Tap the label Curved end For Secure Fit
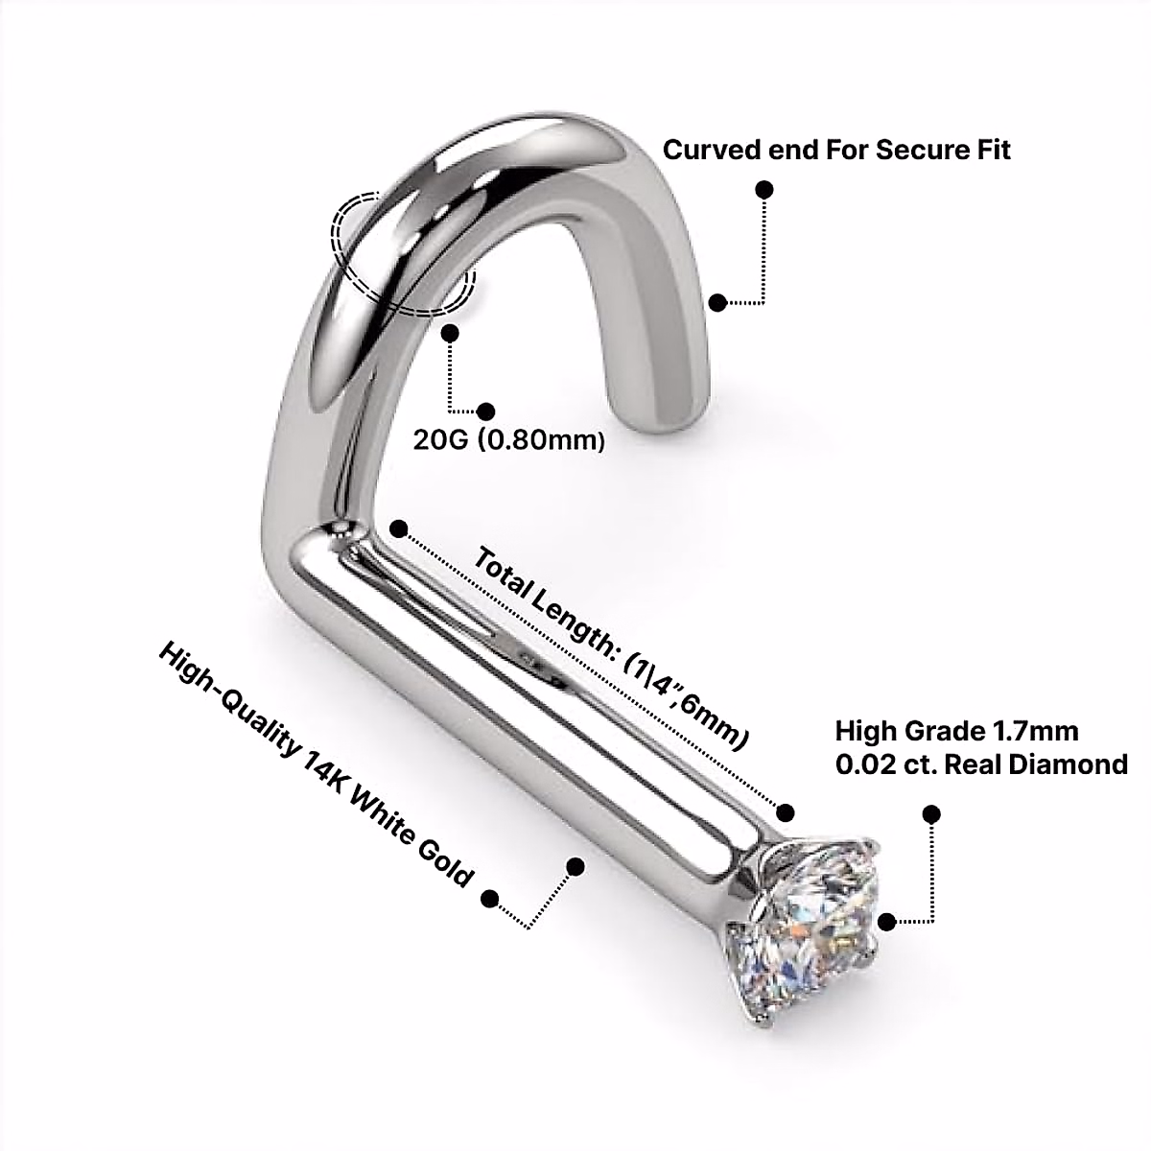pyautogui.click(x=836, y=151)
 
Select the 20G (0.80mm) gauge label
pyautogui.click(x=509, y=440)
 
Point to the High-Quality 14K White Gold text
pyautogui.click(x=316, y=766)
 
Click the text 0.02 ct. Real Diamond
pyautogui.click(x=981, y=764)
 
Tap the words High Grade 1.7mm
pyautogui.click(x=956, y=731)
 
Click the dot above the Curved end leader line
pyautogui.click(x=764, y=189)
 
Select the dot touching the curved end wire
pyautogui.click(x=716, y=302)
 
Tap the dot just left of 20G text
pyautogui.click(x=486, y=411)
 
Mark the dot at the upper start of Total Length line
pyautogui.click(x=400, y=529)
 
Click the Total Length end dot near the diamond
pyautogui.click(x=787, y=812)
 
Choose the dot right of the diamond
pyautogui.click(x=886, y=922)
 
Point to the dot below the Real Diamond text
pyautogui.click(x=930, y=814)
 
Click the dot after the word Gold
pyautogui.click(x=490, y=899)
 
